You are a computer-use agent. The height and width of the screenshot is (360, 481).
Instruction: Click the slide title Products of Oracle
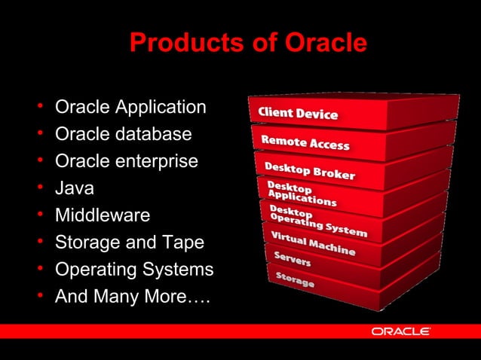[248, 43]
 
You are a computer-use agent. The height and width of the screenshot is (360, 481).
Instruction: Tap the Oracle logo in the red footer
[400, 331]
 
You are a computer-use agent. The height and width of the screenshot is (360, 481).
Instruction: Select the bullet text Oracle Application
[130, 108]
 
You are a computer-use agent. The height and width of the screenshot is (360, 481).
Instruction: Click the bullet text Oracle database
[123, 135]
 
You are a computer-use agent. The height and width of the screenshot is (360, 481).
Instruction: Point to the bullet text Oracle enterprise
[127, 162]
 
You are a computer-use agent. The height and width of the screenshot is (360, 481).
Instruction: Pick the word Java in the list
[75, 188]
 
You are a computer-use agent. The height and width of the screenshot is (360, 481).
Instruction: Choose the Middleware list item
[102, 215]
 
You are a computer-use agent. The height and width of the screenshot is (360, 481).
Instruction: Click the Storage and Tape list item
[129, 243]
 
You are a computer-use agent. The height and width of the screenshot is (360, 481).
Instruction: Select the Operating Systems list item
[134, 270]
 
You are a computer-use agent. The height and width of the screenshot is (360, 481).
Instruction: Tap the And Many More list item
[133, 297]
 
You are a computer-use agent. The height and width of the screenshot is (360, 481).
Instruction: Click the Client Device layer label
[298, 114]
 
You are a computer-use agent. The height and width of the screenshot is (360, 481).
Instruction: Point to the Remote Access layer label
[305, 142]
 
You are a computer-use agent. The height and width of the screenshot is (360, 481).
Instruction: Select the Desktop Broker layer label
[309, 170]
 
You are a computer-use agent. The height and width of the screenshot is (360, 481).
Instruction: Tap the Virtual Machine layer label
[312, 243]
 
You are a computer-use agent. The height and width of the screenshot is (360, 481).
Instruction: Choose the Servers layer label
[292, 260]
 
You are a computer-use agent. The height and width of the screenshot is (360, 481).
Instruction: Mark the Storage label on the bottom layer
[294, 282]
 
